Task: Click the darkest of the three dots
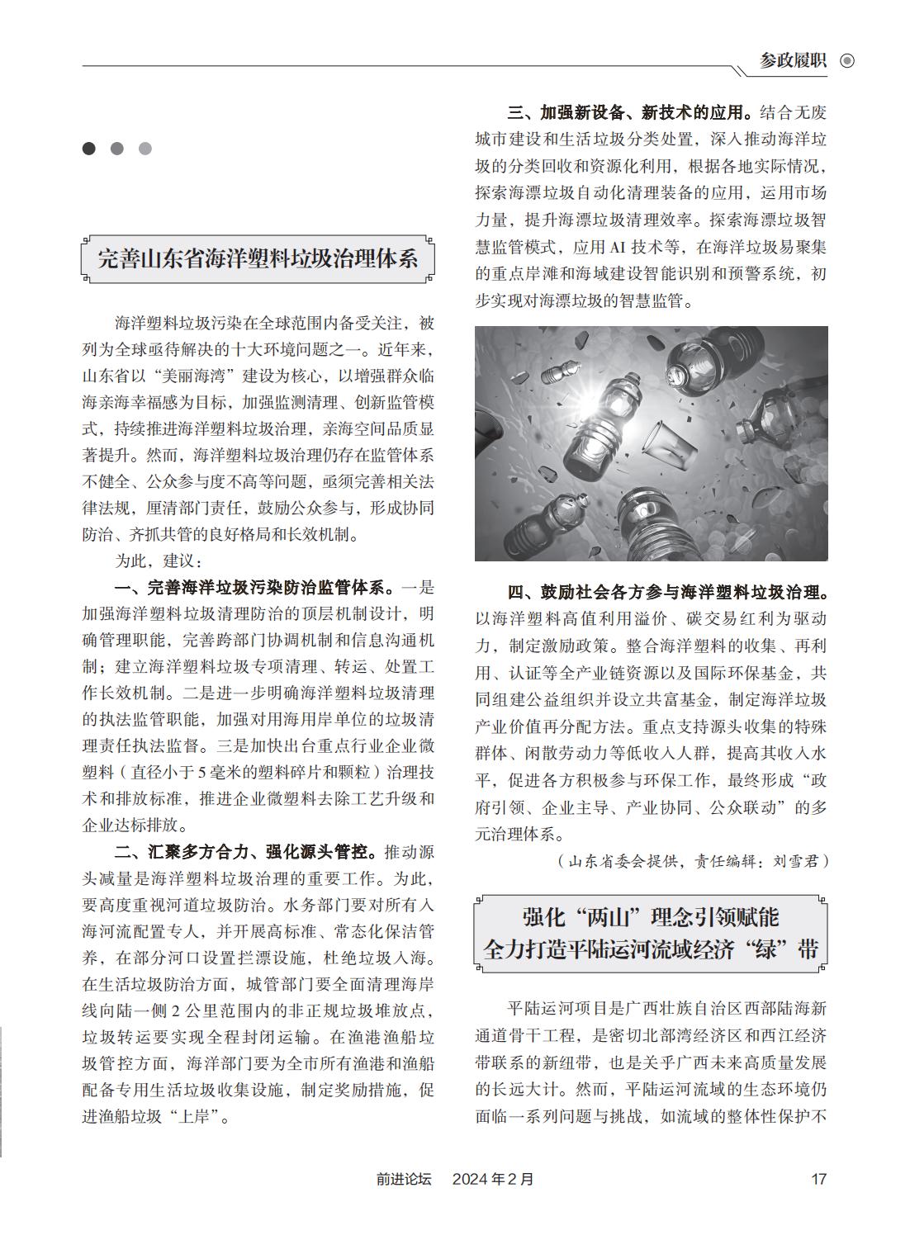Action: (x=89, y=149)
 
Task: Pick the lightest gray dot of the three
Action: (x=145, y=149)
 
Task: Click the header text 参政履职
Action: (x=793, y=61)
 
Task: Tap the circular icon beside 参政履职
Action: (x=846, y=61)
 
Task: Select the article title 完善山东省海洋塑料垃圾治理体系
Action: (x=258, y=258)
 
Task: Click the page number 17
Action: (x=818, y=1179)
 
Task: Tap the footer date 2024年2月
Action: (x=493, y=1179)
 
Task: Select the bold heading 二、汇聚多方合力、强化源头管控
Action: (x=245, y=851)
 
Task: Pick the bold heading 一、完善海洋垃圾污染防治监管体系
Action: (x=254, y=588)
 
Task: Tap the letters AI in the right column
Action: (x=619, y=247)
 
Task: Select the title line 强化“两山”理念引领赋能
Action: (x=651, y=917)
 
